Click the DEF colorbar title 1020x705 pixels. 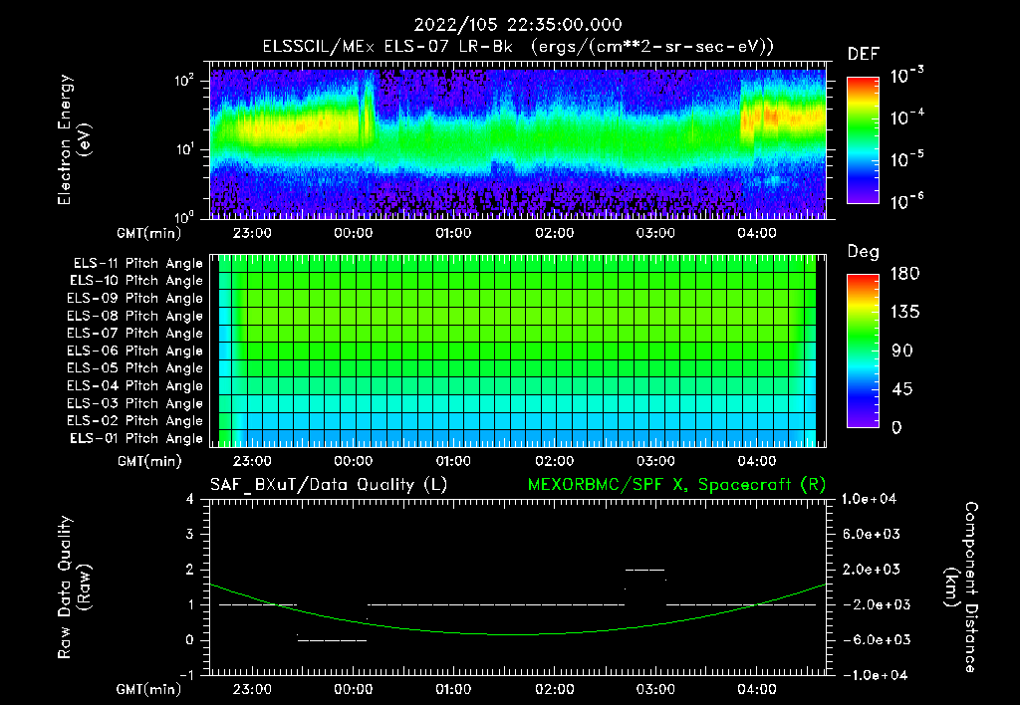[x=863, y=54]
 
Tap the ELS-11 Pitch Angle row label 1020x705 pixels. [x=135, y=263]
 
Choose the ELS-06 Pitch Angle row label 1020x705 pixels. [x=135, y=351]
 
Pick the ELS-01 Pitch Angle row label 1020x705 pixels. [x=135, y=438]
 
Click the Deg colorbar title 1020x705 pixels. [x=863, y=252]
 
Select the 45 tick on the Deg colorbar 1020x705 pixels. [x=898, y=388]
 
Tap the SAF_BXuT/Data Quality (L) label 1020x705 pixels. [x=328, y=484]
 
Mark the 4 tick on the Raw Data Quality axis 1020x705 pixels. [x=189, y=499]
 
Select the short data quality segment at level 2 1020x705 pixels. [x=643, y=569]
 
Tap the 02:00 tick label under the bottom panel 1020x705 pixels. [x=554, y=689]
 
